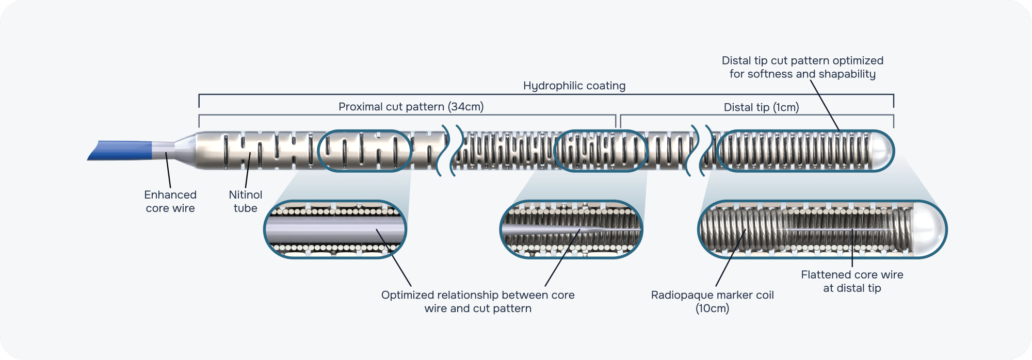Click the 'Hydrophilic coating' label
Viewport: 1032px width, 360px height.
(x=574, y=86)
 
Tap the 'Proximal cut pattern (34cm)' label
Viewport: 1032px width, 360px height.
(x=411, y=107)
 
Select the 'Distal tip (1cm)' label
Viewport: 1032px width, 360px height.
(x=761, y=107)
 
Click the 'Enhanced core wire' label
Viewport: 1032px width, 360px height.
(x=170, y=202)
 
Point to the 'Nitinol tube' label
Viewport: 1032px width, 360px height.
(x=246, y=202)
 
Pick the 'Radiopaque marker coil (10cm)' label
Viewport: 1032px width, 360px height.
(x=712, y=302)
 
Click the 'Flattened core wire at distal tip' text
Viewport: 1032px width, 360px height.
(x=852, y=281)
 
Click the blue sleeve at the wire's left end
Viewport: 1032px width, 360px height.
(x=121, y=150)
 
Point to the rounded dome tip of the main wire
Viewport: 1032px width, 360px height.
(x=883, y=151)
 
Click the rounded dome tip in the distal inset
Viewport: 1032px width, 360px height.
(x=931, y=229)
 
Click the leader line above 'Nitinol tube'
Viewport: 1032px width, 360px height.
(x=248, y=171)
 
